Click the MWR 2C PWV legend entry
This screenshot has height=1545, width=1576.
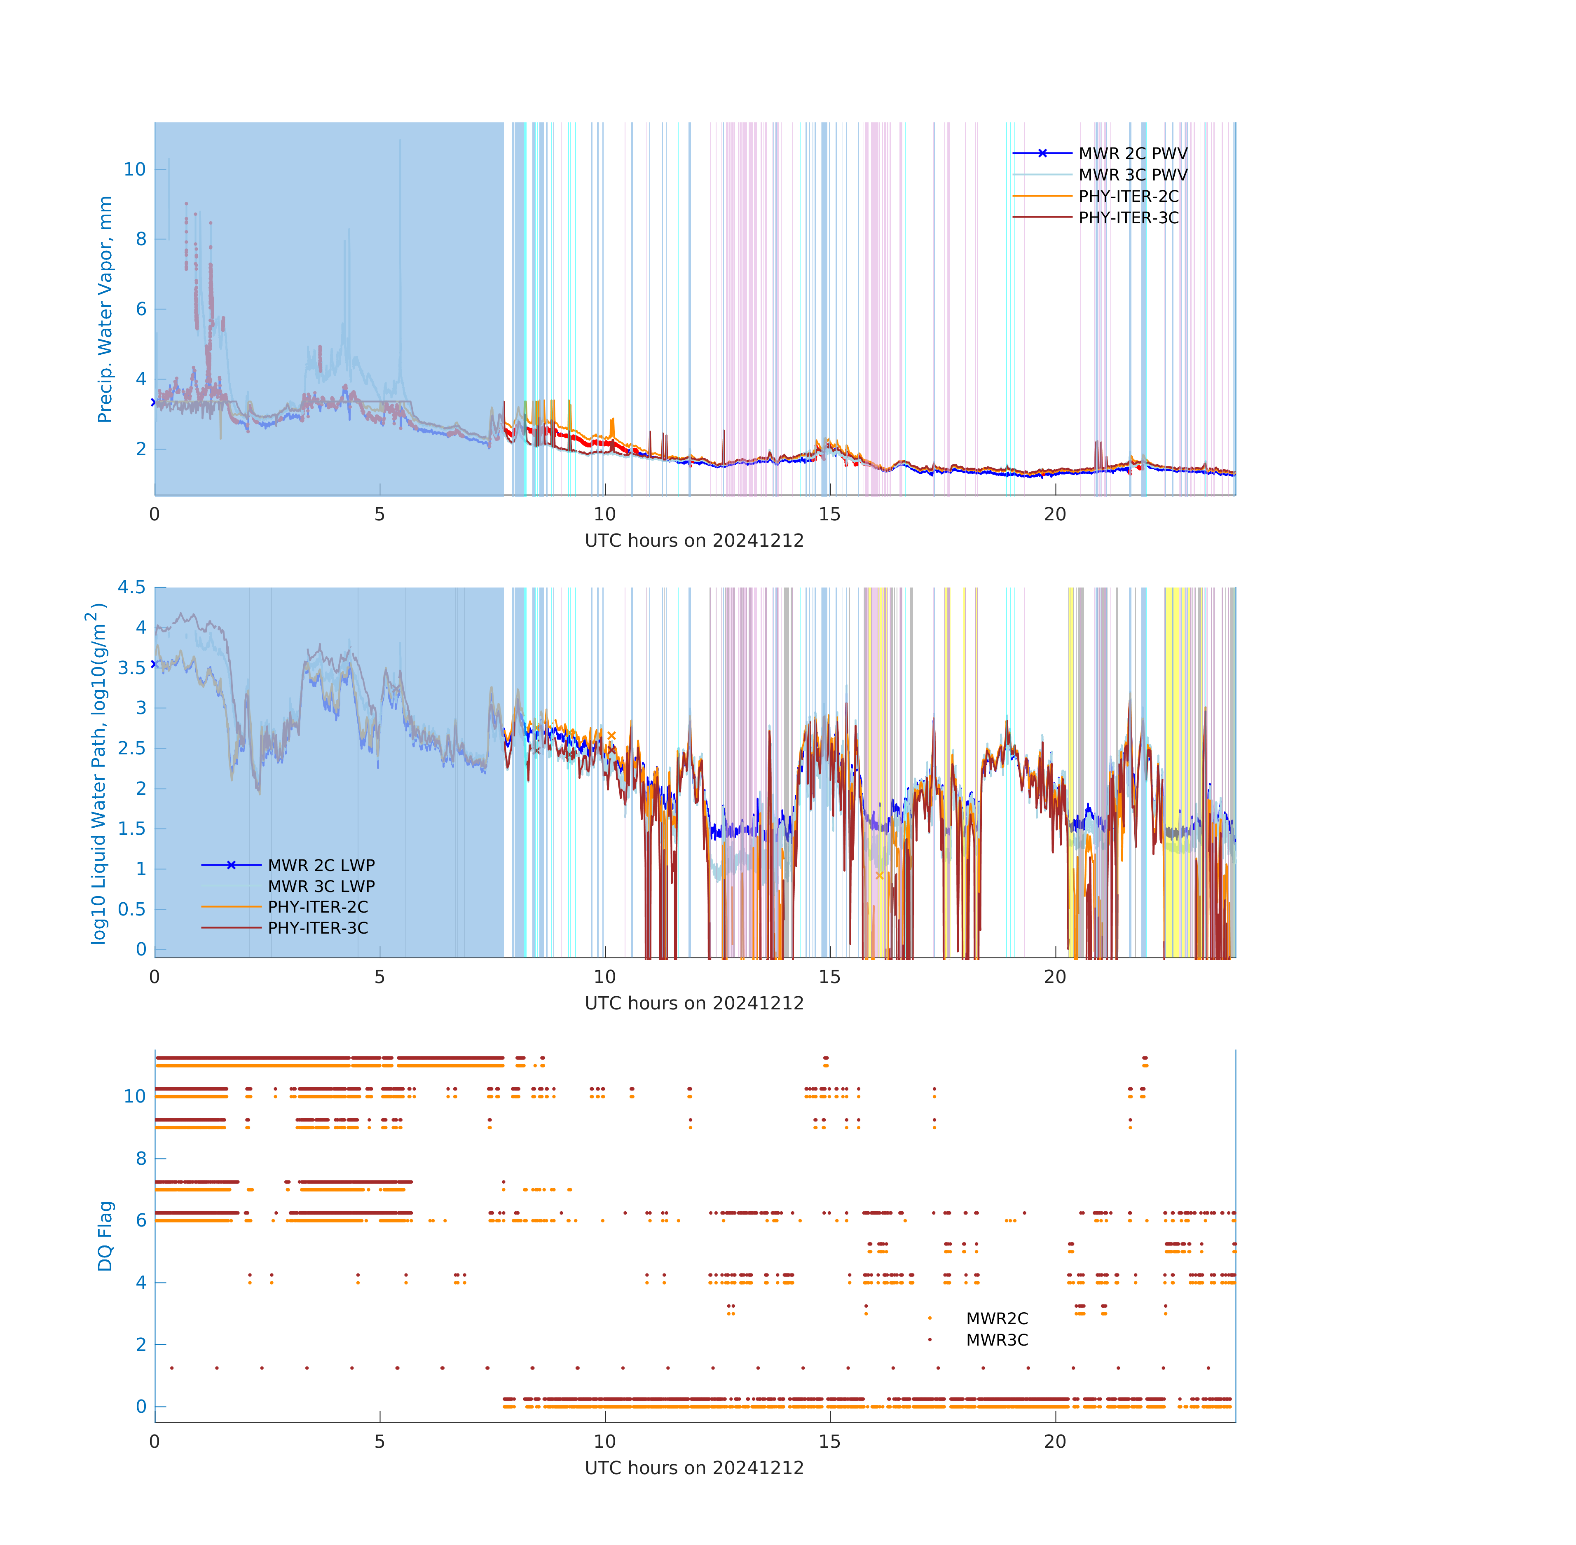pos(1132,153)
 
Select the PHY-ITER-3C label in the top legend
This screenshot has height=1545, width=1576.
pos(1128,218)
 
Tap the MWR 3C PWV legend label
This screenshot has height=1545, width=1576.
pos(1132,174)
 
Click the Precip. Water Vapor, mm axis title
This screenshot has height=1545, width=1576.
pos(105,309)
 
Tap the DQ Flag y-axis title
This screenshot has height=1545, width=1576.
pos(105,1236)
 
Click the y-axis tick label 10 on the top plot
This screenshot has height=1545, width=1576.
pos(135,170)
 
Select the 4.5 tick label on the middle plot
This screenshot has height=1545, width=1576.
pos(131,587)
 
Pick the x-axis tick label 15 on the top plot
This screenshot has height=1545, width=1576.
pos(829,515)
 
